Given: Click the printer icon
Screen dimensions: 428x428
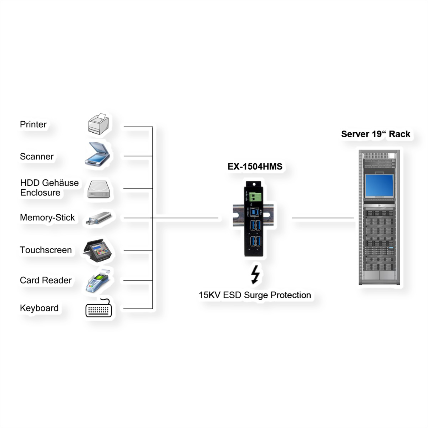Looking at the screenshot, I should pyautogui.click(x=98, y=124).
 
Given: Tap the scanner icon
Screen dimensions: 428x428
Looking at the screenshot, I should pyautogui.click(x=98, y=154).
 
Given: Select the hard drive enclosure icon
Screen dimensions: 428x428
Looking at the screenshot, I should pyautogui.click(x=100, y=189).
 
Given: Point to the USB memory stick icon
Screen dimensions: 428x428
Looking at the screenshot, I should pyautogui.click(x=98, y=218).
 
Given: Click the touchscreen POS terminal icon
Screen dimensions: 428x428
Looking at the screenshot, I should pyautogui.click(x=98, y=249).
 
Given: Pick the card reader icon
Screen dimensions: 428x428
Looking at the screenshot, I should pyautogui.click(x=97, y=280).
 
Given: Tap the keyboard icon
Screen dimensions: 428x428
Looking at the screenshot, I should pyautogui.click(x=99, y=309).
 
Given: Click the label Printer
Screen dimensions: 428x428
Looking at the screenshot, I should pyautogui.click(x=33, y=124).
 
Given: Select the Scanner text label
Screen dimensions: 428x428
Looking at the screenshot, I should pyautogui.click(x=37, y=157).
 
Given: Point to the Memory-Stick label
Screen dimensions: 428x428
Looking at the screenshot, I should pyautogui.click(x=47, y=218).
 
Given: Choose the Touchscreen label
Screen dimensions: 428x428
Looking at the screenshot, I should pyautogui.click(x=46, y=250).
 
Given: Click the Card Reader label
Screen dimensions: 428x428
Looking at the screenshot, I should pyautogui.click(x=46, y=280).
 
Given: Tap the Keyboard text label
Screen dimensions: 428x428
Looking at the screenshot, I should pyautogui.click(x=39, y=308).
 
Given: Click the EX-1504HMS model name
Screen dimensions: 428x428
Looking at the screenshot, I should pyautogui.click(x=255, y=167).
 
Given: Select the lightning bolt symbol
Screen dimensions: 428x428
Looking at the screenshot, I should pyautogui.click(x=255, y=275).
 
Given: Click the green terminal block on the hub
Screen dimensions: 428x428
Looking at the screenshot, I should pyautogui.click(x=256, y=197).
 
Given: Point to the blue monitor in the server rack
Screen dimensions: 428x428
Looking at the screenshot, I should pyautogui.click(x=379, y=185).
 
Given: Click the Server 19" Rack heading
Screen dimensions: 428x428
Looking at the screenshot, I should pyautogui.click(x=376, y=134).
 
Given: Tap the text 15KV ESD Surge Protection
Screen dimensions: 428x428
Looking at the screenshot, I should pyautogui.click(x=255, y=295).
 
